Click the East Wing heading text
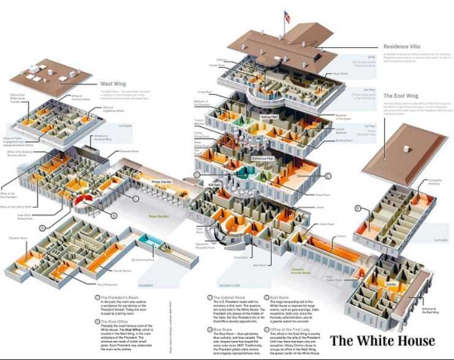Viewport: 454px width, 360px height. pos(401,96)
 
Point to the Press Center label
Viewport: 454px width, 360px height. pos(161,182)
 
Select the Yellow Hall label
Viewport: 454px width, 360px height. pos(269,117)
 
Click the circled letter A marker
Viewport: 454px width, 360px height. pos(42,228)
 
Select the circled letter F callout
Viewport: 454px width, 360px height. pos(357,209)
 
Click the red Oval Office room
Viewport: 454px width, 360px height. pos(82,201)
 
